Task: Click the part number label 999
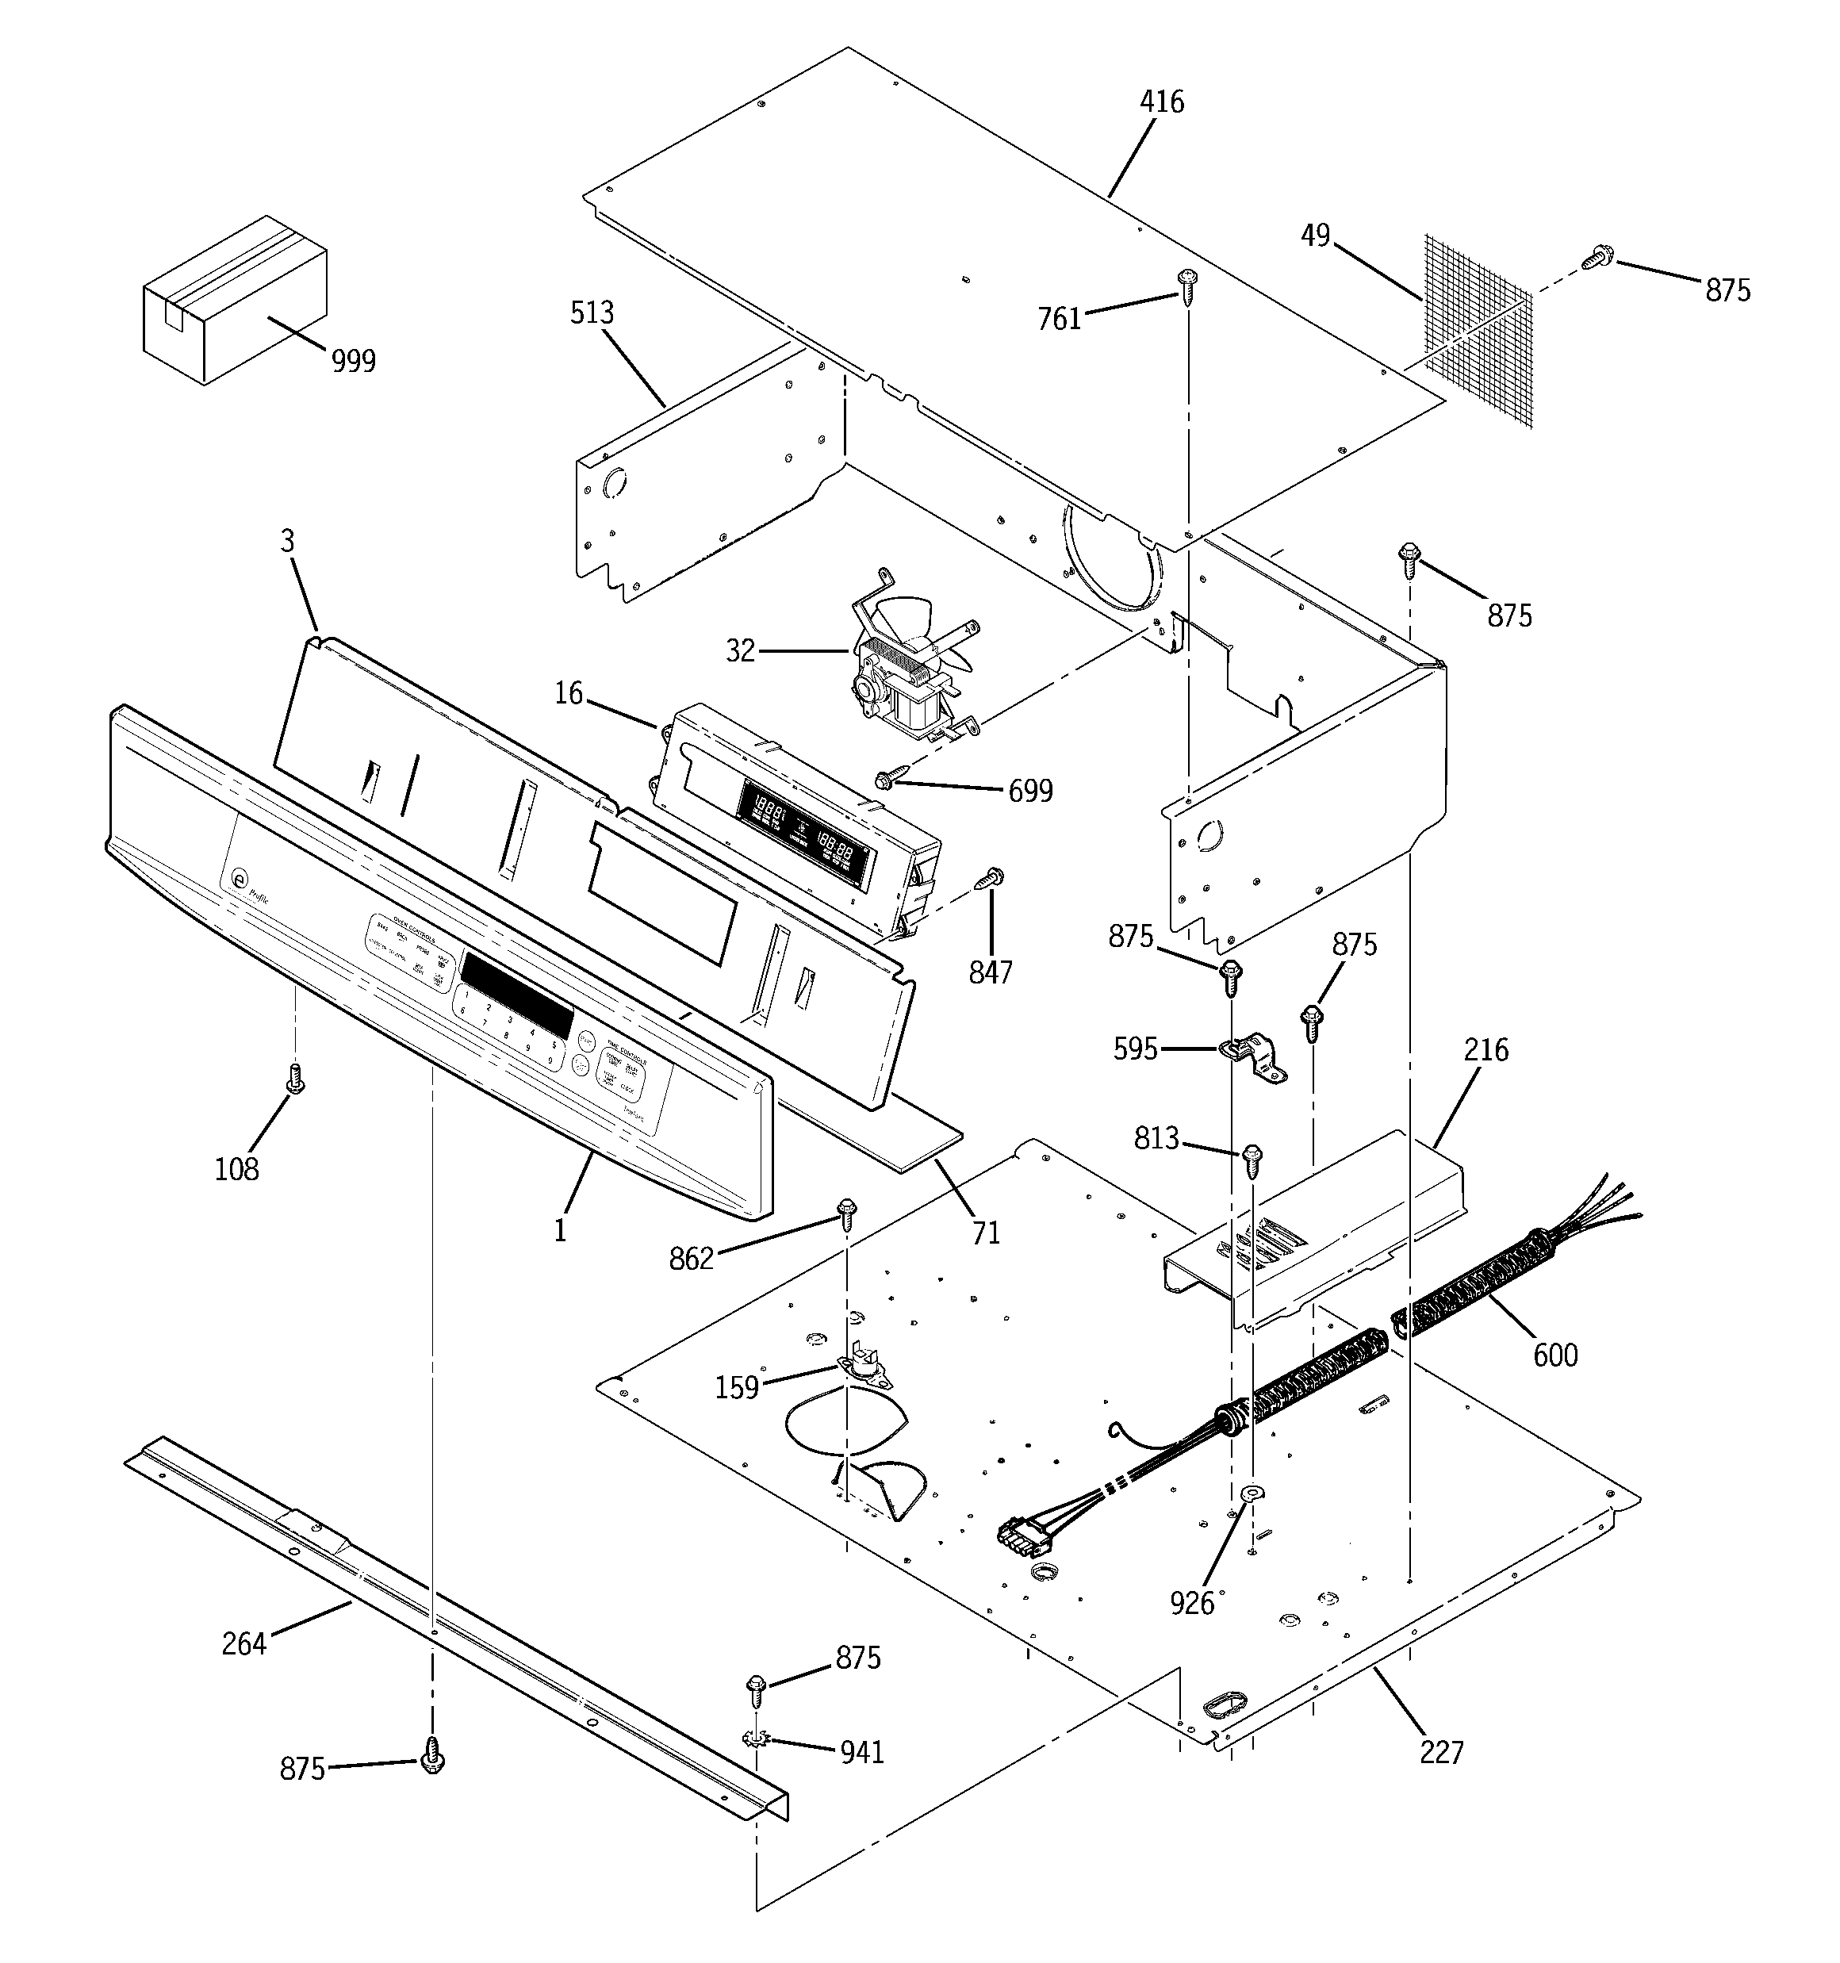[x=353, y=362]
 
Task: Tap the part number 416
[x=1161, y=102]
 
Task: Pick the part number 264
[x=243, y=1644]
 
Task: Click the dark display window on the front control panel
[x=516, y=992]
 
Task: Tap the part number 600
[x=1554, y=1355]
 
